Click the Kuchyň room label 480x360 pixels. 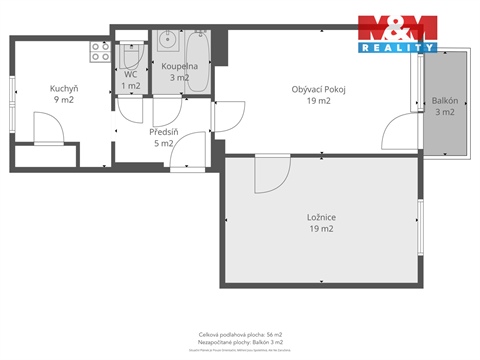pyautogui.click(x=64, y=87)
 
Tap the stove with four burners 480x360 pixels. pyautogui.click(x=100, y=51)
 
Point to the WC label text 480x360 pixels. pyautogui.click(x=131, y=75)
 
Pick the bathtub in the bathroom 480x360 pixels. pyautogui.click(x=196, y=62)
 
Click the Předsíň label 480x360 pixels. pyautogui.click(x=162, y=131)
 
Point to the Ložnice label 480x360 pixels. pyautogui.click(x=320, y=217)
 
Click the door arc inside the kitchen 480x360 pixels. pyautogui.click(x=48, y=127)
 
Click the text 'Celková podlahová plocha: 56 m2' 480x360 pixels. pyautogui.click(x=240, y=334)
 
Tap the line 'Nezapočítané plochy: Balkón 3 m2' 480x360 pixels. pyautogui.click(x=240, y=342)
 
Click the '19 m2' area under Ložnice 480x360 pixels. pyautogui.click(x=320, y=229)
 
